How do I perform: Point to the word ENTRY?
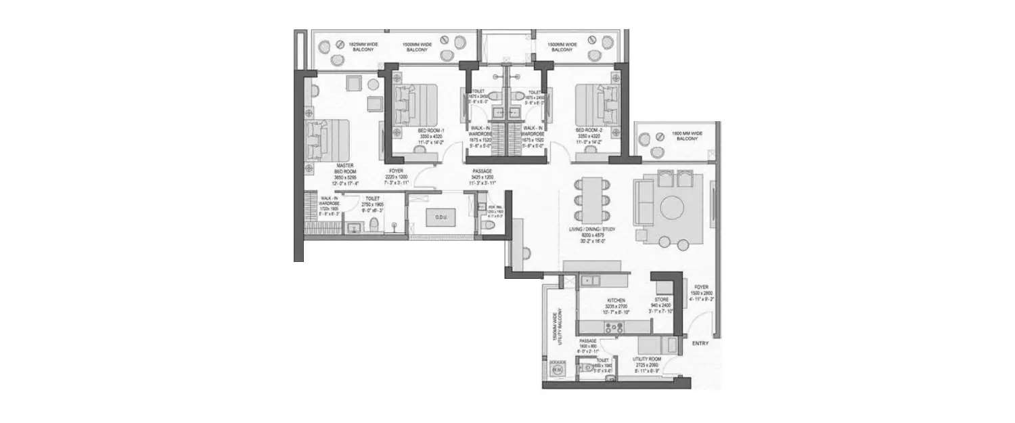(x=700, y=344)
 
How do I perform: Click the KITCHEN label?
(x=616, y=300)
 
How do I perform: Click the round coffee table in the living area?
(x=672, y=207)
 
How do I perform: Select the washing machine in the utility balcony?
(x=558, y=370)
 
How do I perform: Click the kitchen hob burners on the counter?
(x=616, y=328)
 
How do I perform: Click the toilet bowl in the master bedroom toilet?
(x=374, y=226)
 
